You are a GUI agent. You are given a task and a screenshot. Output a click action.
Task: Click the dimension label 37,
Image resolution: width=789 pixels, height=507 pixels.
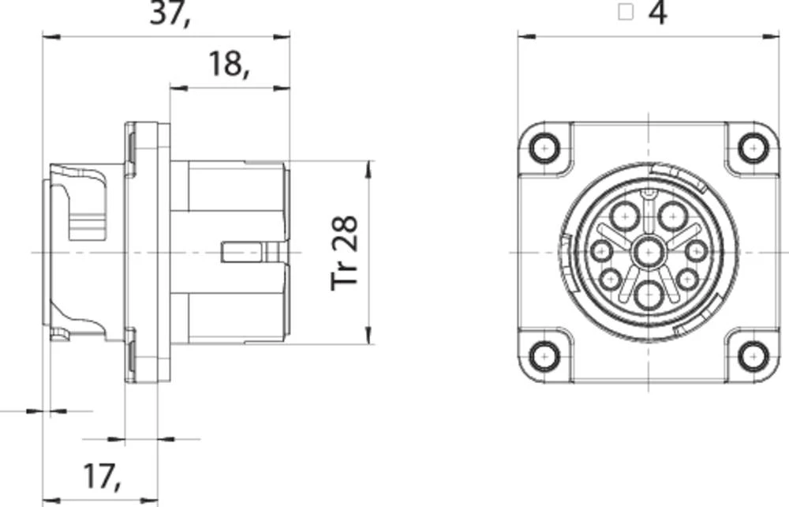click(x=170, y=13)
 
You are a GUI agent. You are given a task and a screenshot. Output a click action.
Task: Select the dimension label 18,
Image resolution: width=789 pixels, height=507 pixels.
click(x=229, y=65)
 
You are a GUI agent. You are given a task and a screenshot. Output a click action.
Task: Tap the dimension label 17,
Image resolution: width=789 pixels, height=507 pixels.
click(x=102, y=476)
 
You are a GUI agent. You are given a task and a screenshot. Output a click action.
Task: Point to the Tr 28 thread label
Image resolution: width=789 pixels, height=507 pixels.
click(x=346, y=253)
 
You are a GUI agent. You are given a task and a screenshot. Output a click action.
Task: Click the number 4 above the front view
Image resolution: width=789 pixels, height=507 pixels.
click(x=657, y=13)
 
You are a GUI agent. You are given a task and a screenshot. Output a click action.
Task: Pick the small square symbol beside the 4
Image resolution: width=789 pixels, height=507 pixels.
click(x=626, y=12)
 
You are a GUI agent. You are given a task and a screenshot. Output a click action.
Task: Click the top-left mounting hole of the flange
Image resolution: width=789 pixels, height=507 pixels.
click(x=545, y=148)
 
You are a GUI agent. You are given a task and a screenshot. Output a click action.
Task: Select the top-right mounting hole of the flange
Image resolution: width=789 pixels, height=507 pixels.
click(x=753, y=148)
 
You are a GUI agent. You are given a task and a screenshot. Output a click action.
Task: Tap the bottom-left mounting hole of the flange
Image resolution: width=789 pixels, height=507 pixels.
click(x=545, y=356)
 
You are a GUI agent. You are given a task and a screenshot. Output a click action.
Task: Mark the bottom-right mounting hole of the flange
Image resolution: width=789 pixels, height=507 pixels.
click(x=753, y=356)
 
